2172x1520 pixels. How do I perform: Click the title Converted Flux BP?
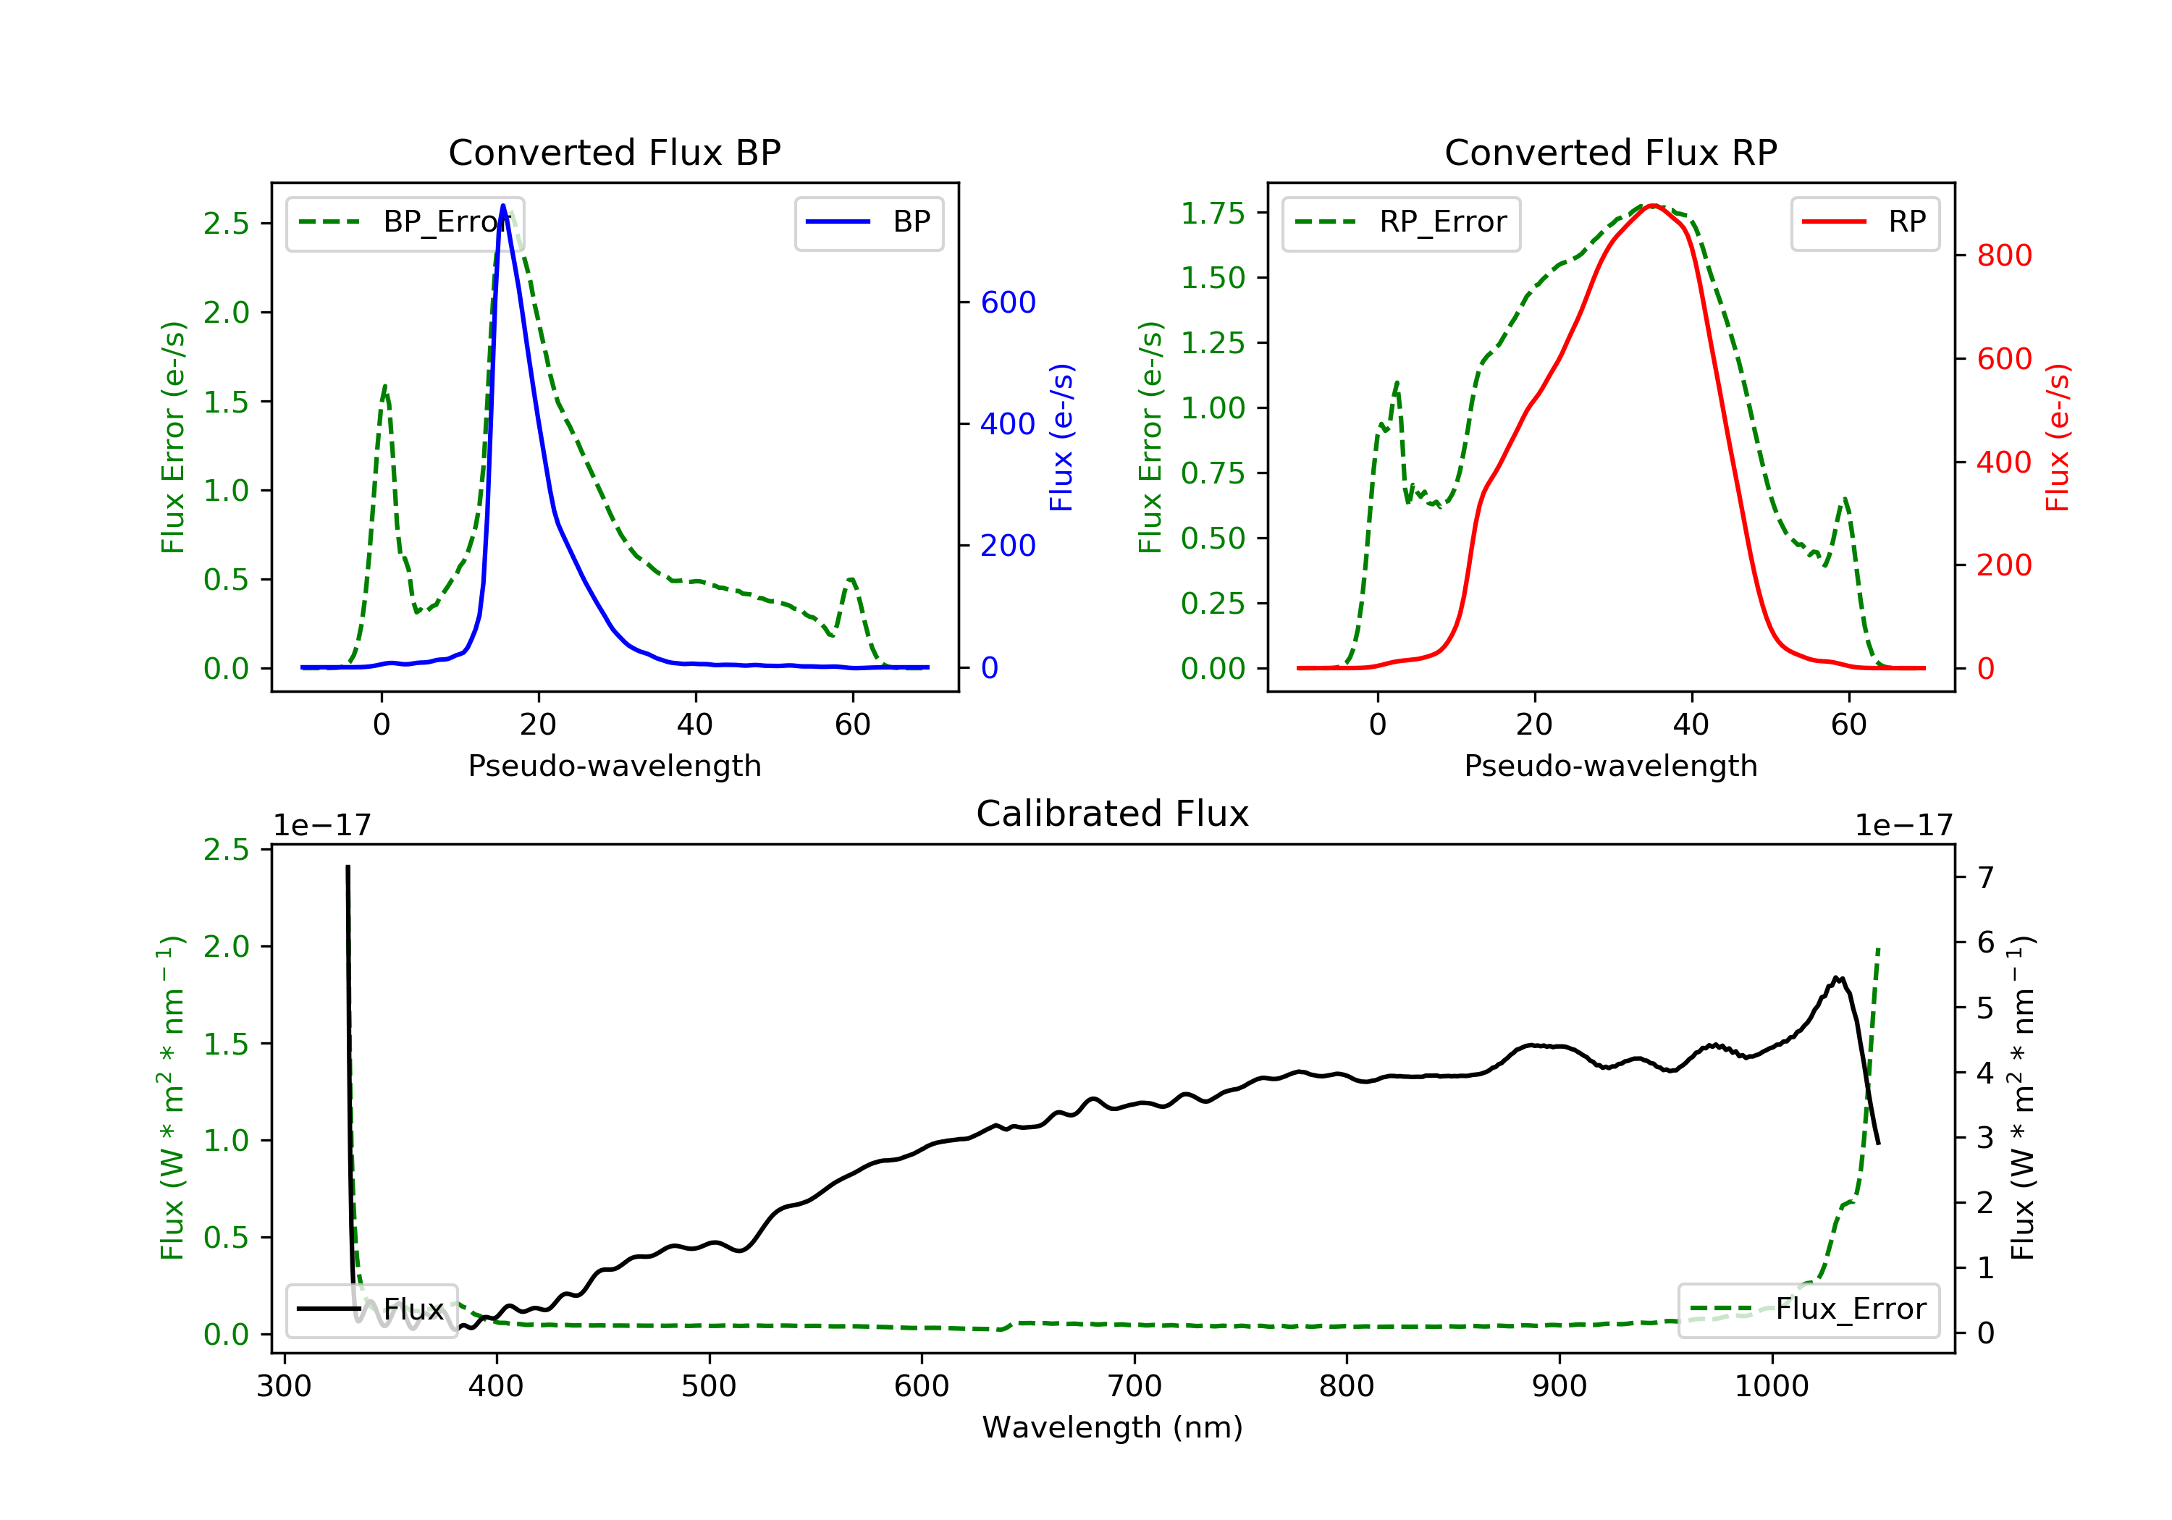(x=614, y=152)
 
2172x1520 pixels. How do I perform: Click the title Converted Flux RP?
(x=1610, y=152)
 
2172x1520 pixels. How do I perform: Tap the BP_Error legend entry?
(x=405, y=222)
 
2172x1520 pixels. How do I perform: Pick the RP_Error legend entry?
(x=1401, y=222)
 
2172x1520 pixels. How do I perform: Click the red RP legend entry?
(x=1864, y=222)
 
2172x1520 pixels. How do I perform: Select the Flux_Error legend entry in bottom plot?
(x=1809, y=1309)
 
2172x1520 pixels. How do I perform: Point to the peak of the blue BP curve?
(x=502, y=206)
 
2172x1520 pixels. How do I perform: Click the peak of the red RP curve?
(x=1651, y=206)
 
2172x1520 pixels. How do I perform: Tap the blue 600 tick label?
(x=1008, y=303)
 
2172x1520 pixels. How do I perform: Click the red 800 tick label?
(x=2003, y=256)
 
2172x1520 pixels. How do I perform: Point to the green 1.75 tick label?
(x=1212, y=214)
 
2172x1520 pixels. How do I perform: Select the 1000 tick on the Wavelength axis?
(x=1771, y=1387)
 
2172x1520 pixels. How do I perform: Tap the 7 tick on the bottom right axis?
(x=1986, y=878)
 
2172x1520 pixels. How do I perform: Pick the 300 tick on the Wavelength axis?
(x=284, y=1387)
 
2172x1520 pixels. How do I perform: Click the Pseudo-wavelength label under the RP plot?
(x=1610, y=766)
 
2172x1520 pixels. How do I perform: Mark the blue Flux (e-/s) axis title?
(x=1061, y=437)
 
